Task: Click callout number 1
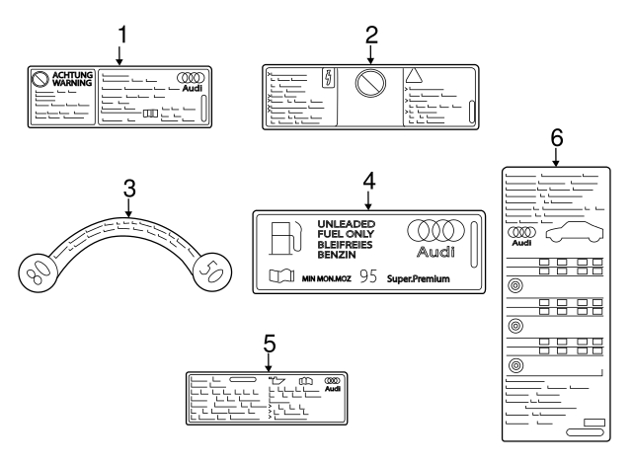(x=121, y=35)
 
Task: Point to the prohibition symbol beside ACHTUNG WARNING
(x=40, y=81)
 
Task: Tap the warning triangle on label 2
(x=414, y=77)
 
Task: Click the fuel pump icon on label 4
(x=283, y=239)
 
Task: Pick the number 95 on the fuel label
(x=368, y=277)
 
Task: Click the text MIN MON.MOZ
(x=326, y=279)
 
